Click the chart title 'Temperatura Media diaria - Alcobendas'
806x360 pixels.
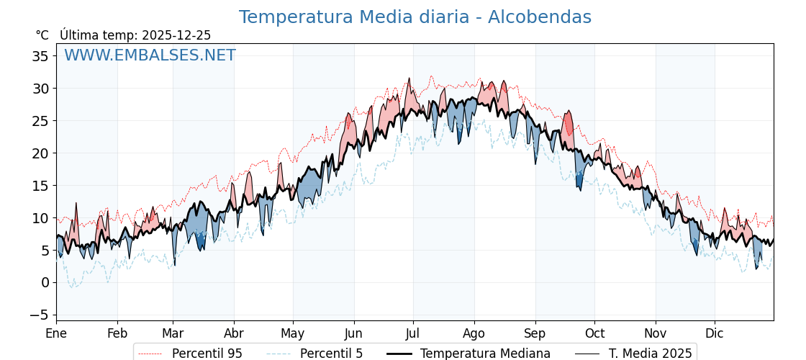pos(415,17)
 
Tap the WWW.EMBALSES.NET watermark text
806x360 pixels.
pos(150,55)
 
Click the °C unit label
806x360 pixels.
pos(42,35)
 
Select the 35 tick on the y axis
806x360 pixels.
pos(40,56)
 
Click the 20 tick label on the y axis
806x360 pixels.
pos(40,153)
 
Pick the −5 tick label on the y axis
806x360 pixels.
pos(37,315)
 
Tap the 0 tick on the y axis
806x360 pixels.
pos(45,282)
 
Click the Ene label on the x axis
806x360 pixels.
pos(56,333)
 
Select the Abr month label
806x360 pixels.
pos(234,333)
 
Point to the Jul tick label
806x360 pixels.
pos(413,333)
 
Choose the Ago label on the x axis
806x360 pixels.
pos(474,333)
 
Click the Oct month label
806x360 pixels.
pos(594,333)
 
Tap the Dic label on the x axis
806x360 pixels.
pos(715,333)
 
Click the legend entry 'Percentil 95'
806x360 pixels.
pos(207,354)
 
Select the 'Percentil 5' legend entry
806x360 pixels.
pos(331,354)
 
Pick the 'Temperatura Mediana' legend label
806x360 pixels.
pos(485,354)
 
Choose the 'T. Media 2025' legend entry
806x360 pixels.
pos(650,354)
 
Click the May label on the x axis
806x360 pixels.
pos(293,333)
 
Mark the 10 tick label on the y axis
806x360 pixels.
pos(40,218)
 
